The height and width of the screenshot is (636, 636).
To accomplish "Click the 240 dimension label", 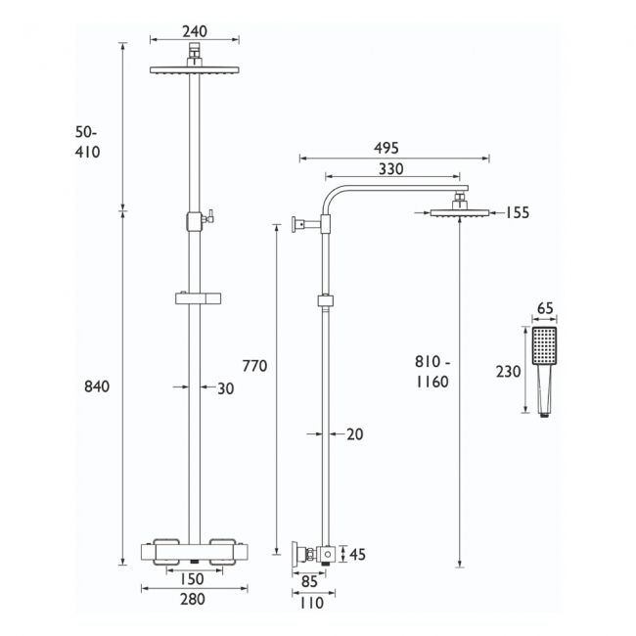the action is pyautogui.click(x=195, y=31).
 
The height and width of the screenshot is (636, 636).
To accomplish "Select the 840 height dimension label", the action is pyautogui.click(x=97, y=386).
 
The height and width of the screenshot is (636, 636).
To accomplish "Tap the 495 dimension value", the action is pyautogui.click(x=386, y=148).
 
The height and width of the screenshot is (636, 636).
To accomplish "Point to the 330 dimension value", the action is pyautogui.click(x=391, y=168).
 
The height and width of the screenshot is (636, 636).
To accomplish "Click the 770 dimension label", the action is pyautogui.click(x=254, y=366).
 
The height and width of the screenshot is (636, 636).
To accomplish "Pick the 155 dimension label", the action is pyautogui.click(x=518, y=212).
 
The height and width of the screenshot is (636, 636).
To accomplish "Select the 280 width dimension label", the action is pyautogui.click(x=193, y=599).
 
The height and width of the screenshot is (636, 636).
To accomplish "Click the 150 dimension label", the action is pyautogui.click(x=192, y=579).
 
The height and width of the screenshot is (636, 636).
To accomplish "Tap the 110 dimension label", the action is pyautogui.click(x=311, y=603).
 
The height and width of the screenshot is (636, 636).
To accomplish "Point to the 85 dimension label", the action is pyautogui.click(x=309, y=581).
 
